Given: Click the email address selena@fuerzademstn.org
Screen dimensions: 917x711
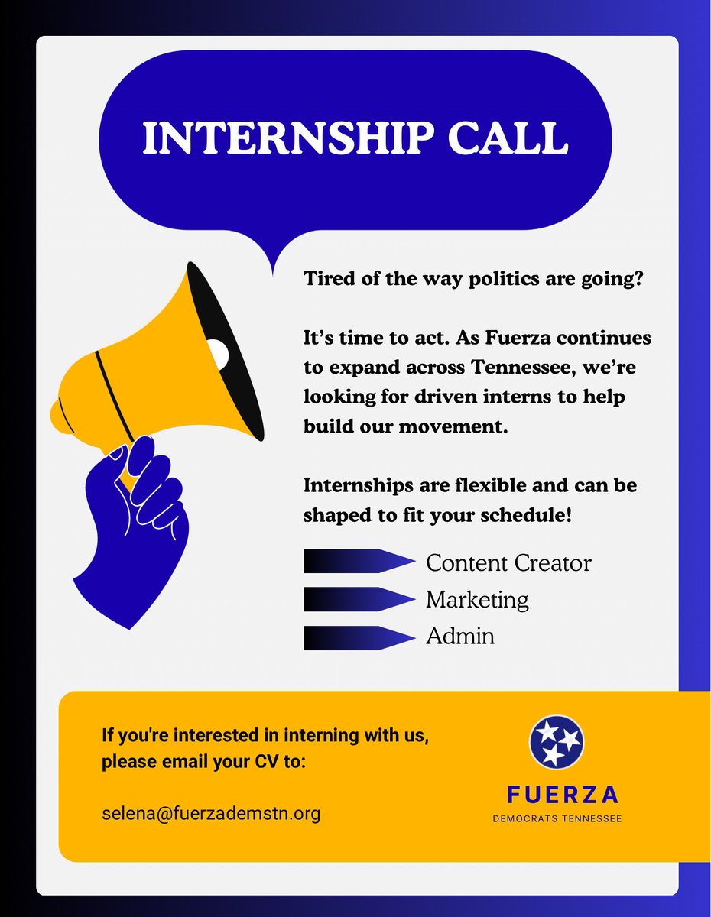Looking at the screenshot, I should point(211,813).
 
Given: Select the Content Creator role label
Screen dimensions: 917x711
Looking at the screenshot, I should point(508,563).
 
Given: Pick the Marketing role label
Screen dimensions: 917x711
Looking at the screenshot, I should point(477,600).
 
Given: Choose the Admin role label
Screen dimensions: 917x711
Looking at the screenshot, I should point(459,636).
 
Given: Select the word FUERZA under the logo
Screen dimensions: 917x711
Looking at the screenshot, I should point(563,795).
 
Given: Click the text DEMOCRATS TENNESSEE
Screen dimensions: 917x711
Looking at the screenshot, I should point(557,819).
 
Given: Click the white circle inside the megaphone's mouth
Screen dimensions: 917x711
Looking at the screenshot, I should point(218,352).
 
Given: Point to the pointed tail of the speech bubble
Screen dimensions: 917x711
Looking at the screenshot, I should point(272,264).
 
